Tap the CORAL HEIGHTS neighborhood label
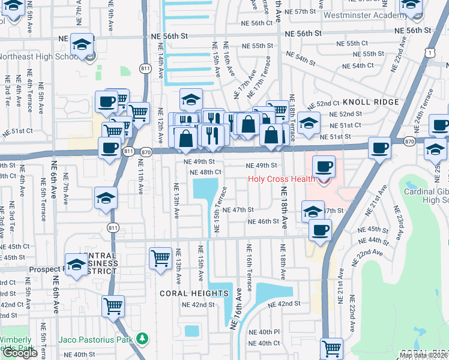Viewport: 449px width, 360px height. pyautogui.click(x=194, y=293)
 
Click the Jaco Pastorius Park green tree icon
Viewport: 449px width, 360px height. pyautogui.click(x=142, y=340)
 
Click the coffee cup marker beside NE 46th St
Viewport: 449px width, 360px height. pyautogui.click(x=319, y=229)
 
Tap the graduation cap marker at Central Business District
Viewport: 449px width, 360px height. pyautogui.click(x=76, y=265)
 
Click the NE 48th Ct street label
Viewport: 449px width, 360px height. pyautogui.click(x=206, y=172)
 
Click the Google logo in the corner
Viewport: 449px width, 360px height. pyautogui.click(x=20, y=353)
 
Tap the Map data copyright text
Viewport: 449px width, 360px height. pyautogui.click(x=423, y=355)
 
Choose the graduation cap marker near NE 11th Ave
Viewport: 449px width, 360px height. pyautogui.click(x=106, y=197)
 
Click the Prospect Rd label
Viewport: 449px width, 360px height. pyautogui.click(x=42, y=269)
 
